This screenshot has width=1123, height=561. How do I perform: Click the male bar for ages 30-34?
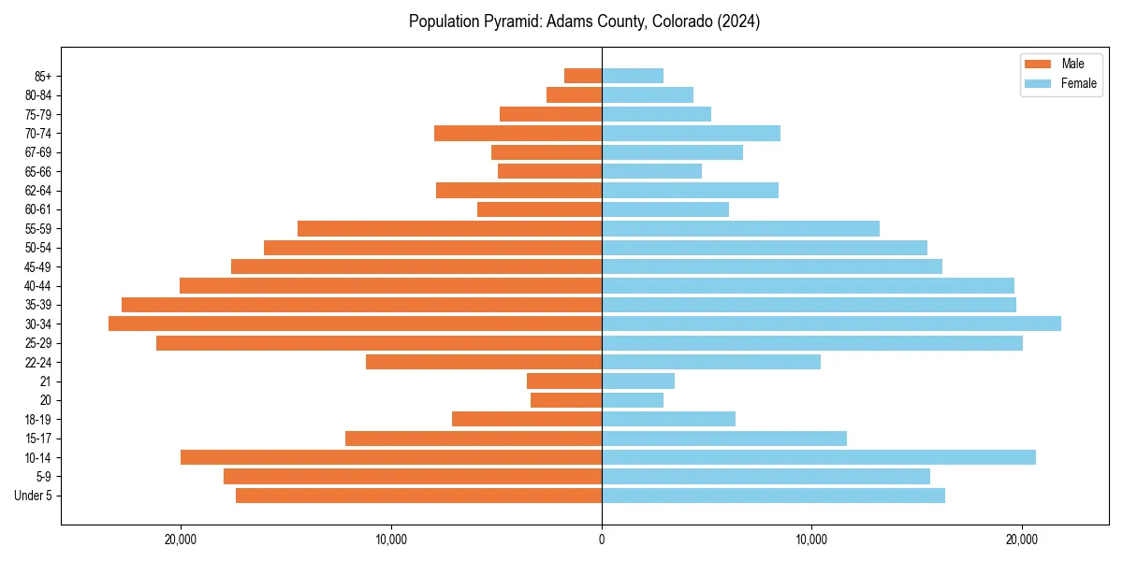coord(355,324)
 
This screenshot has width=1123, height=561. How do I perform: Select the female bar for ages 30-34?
coord(831,324)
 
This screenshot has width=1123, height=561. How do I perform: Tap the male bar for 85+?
coord(582,76)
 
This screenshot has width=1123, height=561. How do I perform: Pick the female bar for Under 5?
coord(773,496)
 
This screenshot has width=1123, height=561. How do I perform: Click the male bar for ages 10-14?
coord(390,457)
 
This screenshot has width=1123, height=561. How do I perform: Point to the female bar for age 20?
coord(633,400)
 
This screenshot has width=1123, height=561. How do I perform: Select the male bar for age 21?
coord(564,381)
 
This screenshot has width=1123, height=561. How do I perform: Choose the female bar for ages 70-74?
coord(691,133)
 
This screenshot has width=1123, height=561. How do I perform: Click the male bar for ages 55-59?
coord(449,228)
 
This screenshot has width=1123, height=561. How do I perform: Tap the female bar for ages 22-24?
coord(711,362)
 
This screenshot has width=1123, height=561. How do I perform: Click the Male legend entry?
coord(1061,64)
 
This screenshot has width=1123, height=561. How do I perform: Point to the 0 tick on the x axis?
coord(602,539)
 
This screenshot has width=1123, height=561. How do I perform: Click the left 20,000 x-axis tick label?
coord(180,539)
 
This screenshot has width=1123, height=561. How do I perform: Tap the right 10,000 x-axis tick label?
coord(811,539)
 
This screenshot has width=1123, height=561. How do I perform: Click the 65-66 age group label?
coord(38,171)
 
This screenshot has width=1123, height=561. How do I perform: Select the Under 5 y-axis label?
coord(33,496)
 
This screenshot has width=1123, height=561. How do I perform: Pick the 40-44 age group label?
coord(38,285)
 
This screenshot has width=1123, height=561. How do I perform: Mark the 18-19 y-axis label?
coord(38,419)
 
